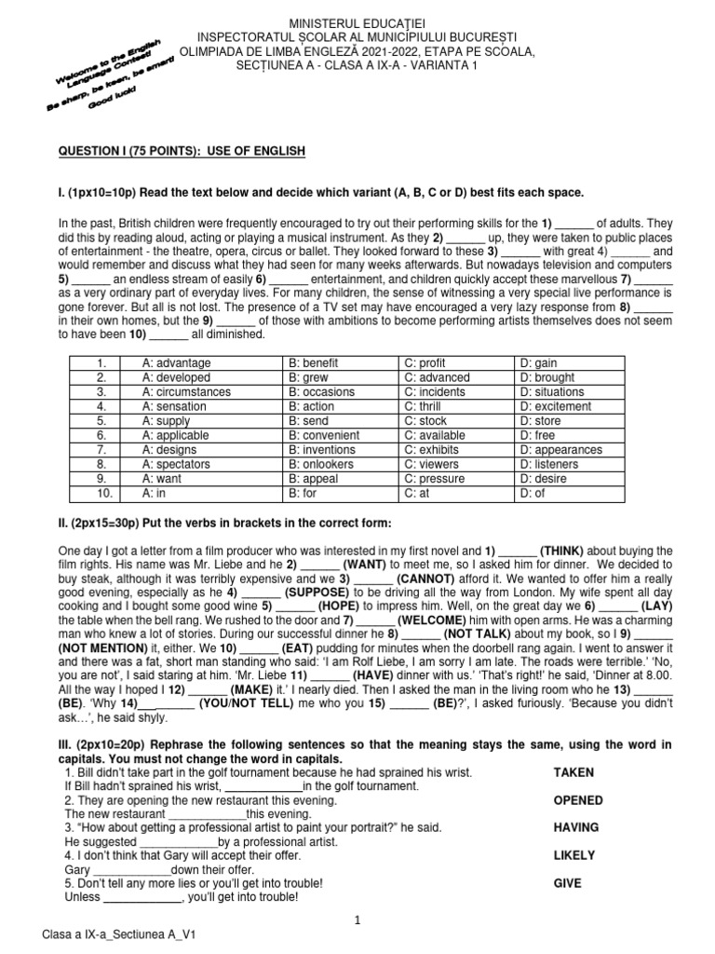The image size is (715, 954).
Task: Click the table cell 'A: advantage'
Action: click(176, 362)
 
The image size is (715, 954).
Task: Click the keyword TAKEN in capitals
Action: click(573, 772)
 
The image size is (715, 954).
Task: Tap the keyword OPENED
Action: click(577, 800)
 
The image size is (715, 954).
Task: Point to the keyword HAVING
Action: click(576, 827)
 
